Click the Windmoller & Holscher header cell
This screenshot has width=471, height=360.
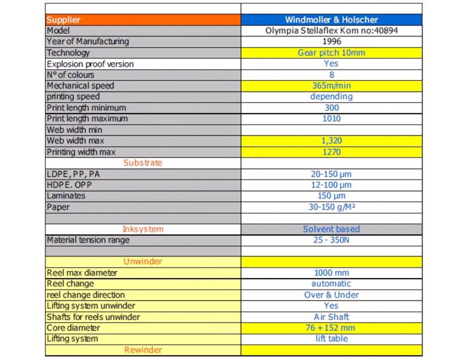[331, 20]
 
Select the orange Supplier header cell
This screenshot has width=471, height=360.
[143, 20]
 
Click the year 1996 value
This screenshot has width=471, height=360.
[331, 41]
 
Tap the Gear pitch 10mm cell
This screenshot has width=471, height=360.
[331, 53]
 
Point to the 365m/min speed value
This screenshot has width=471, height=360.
[331, 86]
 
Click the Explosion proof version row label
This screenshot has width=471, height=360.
[90, 64]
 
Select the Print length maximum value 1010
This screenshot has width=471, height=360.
[331, 119]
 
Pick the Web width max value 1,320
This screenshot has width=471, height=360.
[331, 140]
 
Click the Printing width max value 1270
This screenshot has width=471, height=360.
[331, 152]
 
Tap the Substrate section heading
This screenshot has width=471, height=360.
[143, 163]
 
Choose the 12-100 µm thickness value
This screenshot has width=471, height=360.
[331, 185]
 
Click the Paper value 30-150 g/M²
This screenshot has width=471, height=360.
[331, 207]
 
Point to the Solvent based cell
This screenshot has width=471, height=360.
[331, 229]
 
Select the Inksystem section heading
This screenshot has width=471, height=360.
[143, 229]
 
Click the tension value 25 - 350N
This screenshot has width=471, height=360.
[331, 240]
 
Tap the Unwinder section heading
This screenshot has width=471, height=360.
[143, 262]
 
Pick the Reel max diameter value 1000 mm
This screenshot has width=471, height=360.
[331, 273]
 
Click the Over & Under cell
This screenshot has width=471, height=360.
[331, 295]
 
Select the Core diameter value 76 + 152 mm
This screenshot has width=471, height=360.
[331, 328]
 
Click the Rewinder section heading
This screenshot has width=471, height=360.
[143, 350]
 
